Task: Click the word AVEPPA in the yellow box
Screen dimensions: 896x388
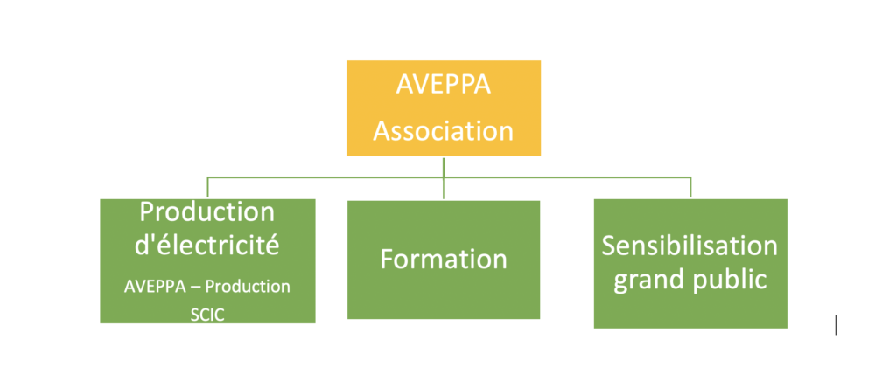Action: (444, 85)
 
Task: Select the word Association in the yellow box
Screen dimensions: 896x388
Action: (444, 131)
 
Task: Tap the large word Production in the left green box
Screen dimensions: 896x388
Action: (207, 212)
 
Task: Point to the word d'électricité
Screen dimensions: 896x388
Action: (206, 246)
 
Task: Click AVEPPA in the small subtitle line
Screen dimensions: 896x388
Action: (155, 287)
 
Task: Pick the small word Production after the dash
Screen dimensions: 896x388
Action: (248, 287)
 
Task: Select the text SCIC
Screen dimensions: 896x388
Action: (207, 315)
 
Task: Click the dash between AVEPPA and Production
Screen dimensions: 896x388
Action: (195, 287)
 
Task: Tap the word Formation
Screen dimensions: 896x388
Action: (444, 259)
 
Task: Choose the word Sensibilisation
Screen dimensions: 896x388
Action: (689, 246)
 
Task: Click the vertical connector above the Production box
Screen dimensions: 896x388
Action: (207, 188)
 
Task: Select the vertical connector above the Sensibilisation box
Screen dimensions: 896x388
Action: (691, 188)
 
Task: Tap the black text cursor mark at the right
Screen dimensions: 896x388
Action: (836, 325)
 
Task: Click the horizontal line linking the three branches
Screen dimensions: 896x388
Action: (449, 177)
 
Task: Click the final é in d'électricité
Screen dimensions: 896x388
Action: (273, 246)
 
